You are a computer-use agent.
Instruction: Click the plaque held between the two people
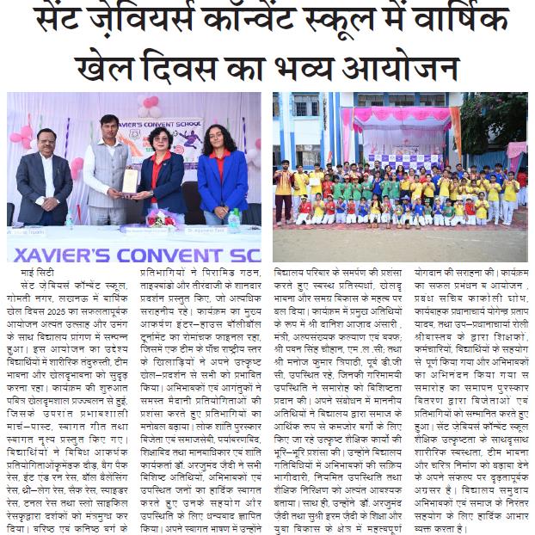(x=130, y=181)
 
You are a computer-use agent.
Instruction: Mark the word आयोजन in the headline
(x=403, y=69)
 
